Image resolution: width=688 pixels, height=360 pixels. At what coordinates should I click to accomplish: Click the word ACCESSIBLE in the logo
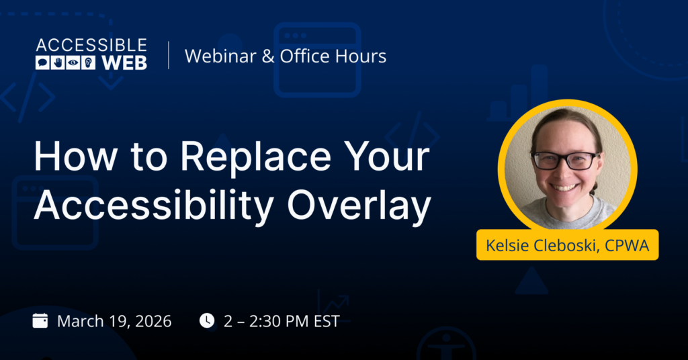pyautogui.click(x=91, y=46)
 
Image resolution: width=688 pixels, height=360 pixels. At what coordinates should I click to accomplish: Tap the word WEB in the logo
pyautogui.click(x=124, y=63)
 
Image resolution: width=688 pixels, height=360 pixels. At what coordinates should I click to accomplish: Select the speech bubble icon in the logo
pyautogui.click(x=42, y=63)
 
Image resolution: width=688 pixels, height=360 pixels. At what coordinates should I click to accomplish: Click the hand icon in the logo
pyautogui.click(x=58, y=63)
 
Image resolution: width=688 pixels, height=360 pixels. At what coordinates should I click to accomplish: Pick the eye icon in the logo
pyautogui.click(x=73, y=63)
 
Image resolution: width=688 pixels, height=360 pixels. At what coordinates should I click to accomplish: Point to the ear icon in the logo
pyautogui.click(x=88, y=63)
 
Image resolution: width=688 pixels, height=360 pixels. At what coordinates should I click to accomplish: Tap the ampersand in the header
pyautogui.click(x=268, y=56)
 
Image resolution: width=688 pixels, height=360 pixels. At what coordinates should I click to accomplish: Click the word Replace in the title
pyautogui.click(x=256, y=157)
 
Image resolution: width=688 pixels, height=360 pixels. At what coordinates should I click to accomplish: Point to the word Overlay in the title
pyautogui.click(x=359, y=206)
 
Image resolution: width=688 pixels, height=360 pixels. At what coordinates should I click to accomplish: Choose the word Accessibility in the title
pyautogui.click(x=155, y=206)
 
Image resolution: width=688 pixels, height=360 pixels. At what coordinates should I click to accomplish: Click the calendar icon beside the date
pyautogui.click(x=40, y=320)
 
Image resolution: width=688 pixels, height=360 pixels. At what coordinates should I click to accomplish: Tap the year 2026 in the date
pyautogui.click(x=153, y=322)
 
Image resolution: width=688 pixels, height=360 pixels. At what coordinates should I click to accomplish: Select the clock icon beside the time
pyautogui.click(x=207, y=320)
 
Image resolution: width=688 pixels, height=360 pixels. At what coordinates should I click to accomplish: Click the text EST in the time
pyautogui.click(x=327, y=322)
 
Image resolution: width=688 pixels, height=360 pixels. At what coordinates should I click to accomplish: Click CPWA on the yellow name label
pyautogui.click(x=627, y=245)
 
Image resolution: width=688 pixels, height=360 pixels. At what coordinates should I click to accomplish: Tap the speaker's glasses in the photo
pyautogui.click(x=564, y=161)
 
